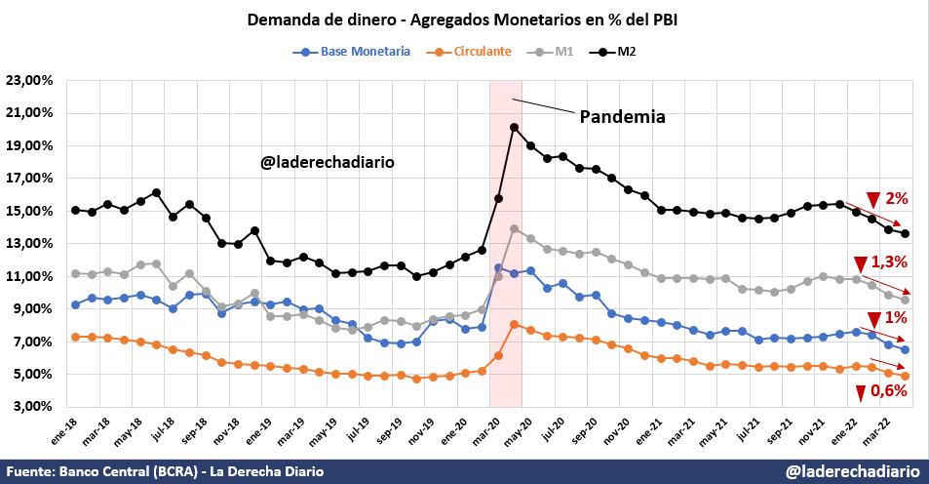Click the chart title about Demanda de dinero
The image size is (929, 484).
pyautogui.click(x=465, y=20)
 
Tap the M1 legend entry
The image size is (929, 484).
pyautogui.click(x=563, y=52)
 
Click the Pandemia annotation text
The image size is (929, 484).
pyautogui.click(x=622, y=117)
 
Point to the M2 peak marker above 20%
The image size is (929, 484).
pyautogui.click(x=514, y=127)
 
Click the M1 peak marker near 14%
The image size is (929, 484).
pyautogui.click(x=514, y=228)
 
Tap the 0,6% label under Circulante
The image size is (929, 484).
pyautogui.click(x=888, y=391)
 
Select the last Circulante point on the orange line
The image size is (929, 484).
pyautogui.click(x=905, y=376)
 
